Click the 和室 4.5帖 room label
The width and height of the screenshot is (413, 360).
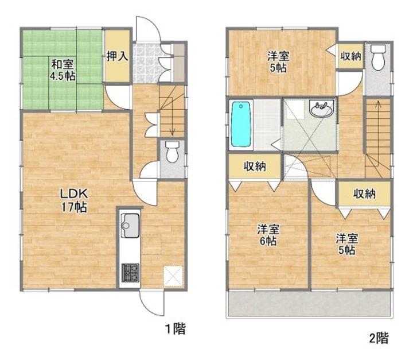point(63,70)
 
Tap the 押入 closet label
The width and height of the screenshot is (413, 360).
point(117,56)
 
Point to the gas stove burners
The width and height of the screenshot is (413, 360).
point(130,273)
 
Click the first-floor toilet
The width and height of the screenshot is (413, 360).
point(172,152)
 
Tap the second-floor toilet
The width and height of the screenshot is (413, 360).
point(378,57)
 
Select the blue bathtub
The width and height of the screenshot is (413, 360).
point(240,124)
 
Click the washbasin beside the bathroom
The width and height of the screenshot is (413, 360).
point(322,109)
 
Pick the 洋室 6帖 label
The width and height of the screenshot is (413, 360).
point(268,235)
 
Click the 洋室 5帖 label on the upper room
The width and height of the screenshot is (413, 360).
point(278,62)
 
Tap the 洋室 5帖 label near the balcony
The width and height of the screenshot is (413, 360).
point(346,244)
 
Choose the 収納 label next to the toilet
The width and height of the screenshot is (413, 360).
point(350,56)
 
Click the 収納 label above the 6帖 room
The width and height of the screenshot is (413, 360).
point(255,167)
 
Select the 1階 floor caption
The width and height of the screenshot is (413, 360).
point(176,329)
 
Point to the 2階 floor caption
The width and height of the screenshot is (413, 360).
point(379,338)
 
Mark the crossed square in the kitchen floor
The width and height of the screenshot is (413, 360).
point(173,276)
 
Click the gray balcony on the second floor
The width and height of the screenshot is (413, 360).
point(309,303)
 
